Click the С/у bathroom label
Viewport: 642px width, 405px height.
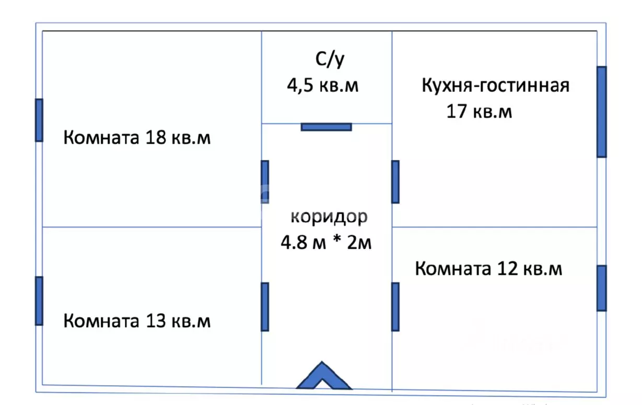330,60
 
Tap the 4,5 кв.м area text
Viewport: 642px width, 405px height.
323,85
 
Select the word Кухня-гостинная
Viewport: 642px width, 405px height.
496,85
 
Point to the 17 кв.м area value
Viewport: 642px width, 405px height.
479,111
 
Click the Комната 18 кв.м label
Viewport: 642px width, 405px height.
137,137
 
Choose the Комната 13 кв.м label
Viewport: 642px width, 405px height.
137,320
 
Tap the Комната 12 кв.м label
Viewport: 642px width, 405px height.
488,269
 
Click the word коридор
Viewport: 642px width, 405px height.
329,217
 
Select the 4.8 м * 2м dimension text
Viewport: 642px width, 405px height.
326,242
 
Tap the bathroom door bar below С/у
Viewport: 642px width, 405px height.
326,127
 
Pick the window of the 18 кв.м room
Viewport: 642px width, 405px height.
39,120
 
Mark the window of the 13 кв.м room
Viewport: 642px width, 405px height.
39,301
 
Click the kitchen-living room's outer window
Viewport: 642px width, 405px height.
602,112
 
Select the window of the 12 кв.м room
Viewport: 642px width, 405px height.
602,288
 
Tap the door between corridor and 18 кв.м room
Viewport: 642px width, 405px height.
265,182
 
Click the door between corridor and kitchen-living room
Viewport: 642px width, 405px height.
395,182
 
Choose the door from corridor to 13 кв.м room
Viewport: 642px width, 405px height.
265,307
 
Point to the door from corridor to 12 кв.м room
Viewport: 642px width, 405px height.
395,307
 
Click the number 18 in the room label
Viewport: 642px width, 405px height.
156,137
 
